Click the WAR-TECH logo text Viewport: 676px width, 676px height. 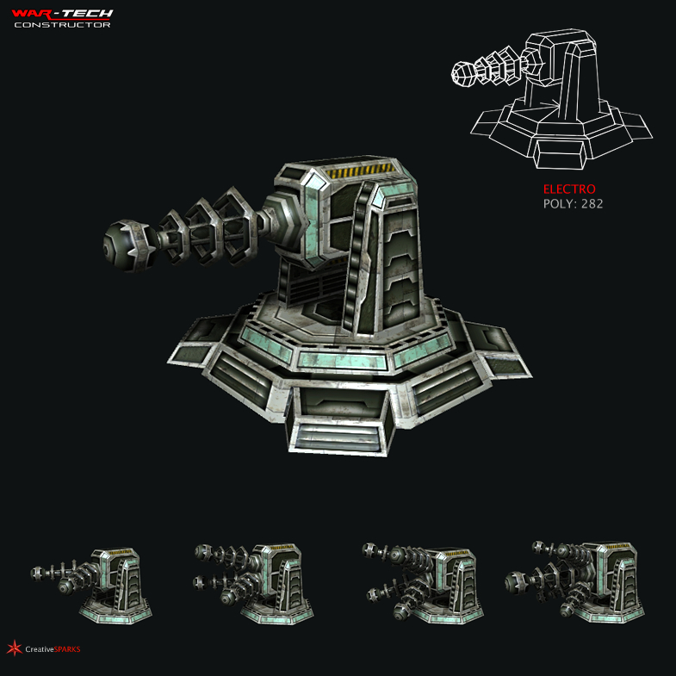(62, 13)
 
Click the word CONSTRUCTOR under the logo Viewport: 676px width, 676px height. (62, 24)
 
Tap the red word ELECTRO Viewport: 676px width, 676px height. (568, 189)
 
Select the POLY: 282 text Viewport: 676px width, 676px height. (573, 204)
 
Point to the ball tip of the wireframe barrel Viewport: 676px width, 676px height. (462, 74)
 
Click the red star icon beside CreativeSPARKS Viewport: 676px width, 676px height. (14, 648)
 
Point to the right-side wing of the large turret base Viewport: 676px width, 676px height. (499, 353)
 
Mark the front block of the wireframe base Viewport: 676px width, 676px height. (560, 153)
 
